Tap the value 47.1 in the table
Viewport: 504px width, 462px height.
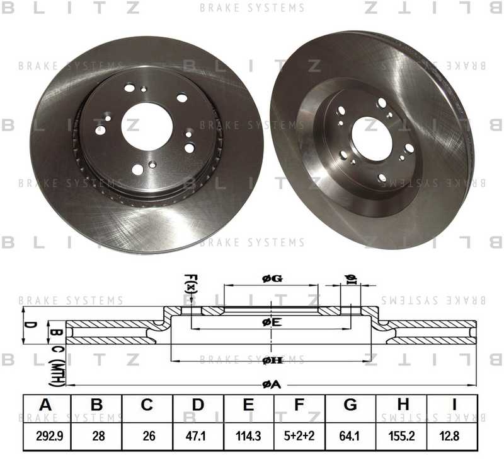(x=198, y=436)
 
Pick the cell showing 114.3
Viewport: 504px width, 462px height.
(x=249, y=436)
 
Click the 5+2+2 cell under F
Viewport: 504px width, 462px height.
(x=299, y=436)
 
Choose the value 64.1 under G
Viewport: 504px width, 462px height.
(x=350, y=436)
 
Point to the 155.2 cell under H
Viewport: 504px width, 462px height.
(x=401, y=436)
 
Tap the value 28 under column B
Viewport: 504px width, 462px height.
(x=96, y=436)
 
